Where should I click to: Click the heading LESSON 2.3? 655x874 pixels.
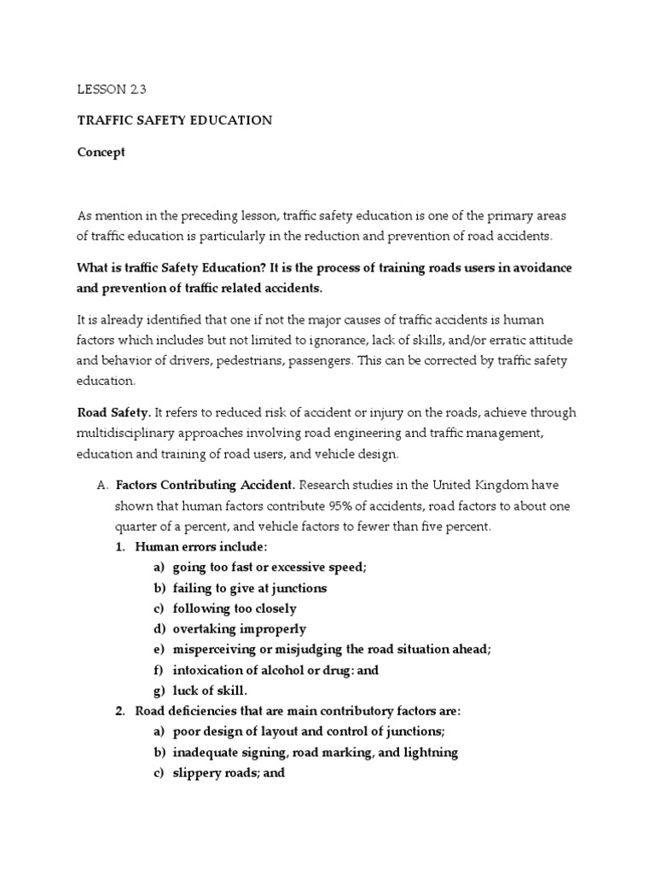click(106, 89)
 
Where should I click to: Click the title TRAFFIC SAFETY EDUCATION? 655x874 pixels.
click(175, 120)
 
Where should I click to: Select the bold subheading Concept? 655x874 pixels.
click(101, 152)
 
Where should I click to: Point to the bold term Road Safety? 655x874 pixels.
click(114, 412)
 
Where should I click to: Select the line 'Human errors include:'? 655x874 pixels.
click(196, 547)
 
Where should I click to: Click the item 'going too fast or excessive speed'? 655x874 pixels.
click(270, 568)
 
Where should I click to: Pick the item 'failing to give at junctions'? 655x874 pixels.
click(249, 588)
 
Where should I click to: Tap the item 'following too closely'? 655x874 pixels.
click(235, 609)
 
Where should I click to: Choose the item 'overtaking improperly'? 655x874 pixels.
click(239, 629)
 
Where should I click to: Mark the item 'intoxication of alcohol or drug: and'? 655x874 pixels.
click(275, 670)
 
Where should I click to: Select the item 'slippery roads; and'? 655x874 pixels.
click(229, 772)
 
